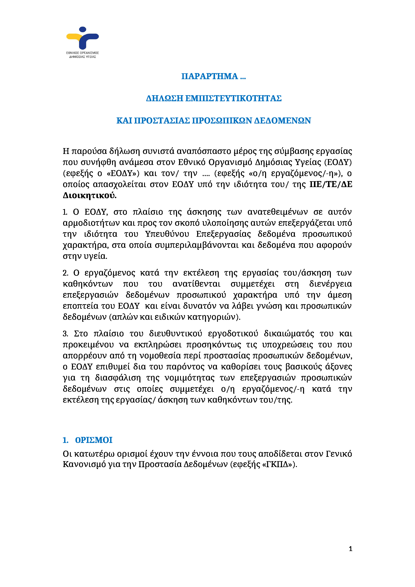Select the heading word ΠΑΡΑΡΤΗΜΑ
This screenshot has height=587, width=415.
point(209,76)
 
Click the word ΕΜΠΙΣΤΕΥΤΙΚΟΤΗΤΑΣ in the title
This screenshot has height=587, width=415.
point(233,98)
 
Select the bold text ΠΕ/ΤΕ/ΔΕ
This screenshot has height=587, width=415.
point(331,184)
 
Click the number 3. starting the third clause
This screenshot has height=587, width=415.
point(65,334)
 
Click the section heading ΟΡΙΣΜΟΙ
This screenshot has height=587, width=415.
point(94,440)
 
